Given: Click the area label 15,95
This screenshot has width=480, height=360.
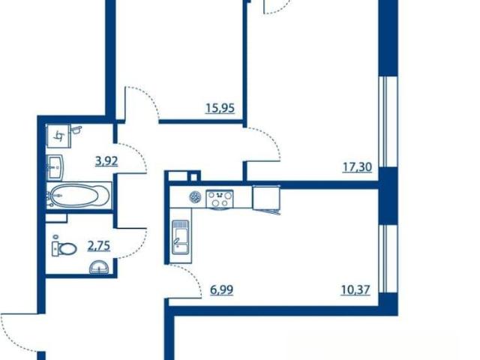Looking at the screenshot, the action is (220, 108).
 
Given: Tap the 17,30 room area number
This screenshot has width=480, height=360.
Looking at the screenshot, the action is (357, 167).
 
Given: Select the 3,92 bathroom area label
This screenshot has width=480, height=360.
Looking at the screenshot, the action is (106, 160).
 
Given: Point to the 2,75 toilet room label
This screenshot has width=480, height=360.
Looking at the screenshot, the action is (99, 246).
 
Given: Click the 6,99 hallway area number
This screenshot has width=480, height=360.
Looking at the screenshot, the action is (222, 289).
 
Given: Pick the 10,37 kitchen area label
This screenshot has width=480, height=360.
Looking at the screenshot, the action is (355, 289).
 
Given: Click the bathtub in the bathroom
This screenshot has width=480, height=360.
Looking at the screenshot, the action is (79, 196).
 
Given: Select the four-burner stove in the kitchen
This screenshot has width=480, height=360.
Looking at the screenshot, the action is (220, 199).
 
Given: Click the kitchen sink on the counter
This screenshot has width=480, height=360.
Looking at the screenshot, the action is (181, 237).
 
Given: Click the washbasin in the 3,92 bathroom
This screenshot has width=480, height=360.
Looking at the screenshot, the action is (55, 167).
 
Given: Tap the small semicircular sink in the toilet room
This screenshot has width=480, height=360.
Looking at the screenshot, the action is (98, 267).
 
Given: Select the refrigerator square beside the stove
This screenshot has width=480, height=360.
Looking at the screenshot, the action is (266, 197).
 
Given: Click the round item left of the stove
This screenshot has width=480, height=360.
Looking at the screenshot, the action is (195, 196).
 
